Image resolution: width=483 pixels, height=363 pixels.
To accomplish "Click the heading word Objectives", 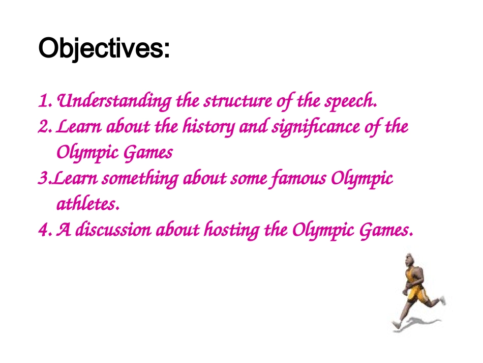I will [x=104, y=49].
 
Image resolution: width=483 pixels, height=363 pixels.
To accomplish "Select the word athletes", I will [x=87, y=205].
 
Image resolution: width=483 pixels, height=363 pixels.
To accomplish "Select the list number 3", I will [x=42, y=179].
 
